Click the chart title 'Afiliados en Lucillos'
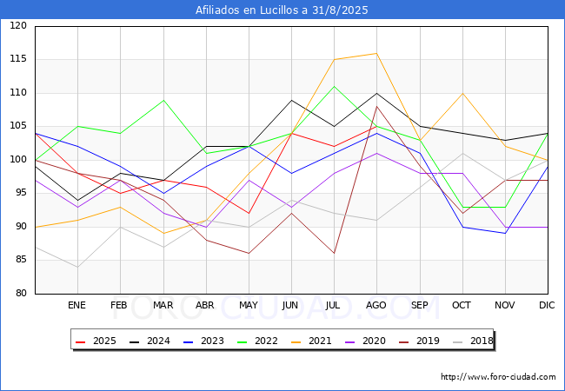click(282, 10)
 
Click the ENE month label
click(77, 306)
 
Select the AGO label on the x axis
click(376, 306)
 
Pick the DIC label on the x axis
click(547, 306)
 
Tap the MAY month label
click(248, 306)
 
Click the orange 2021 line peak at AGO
click(376, 53)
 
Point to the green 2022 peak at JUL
click(334, 86)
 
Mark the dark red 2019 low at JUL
click(334, 253)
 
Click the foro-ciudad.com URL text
click(498, 377)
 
